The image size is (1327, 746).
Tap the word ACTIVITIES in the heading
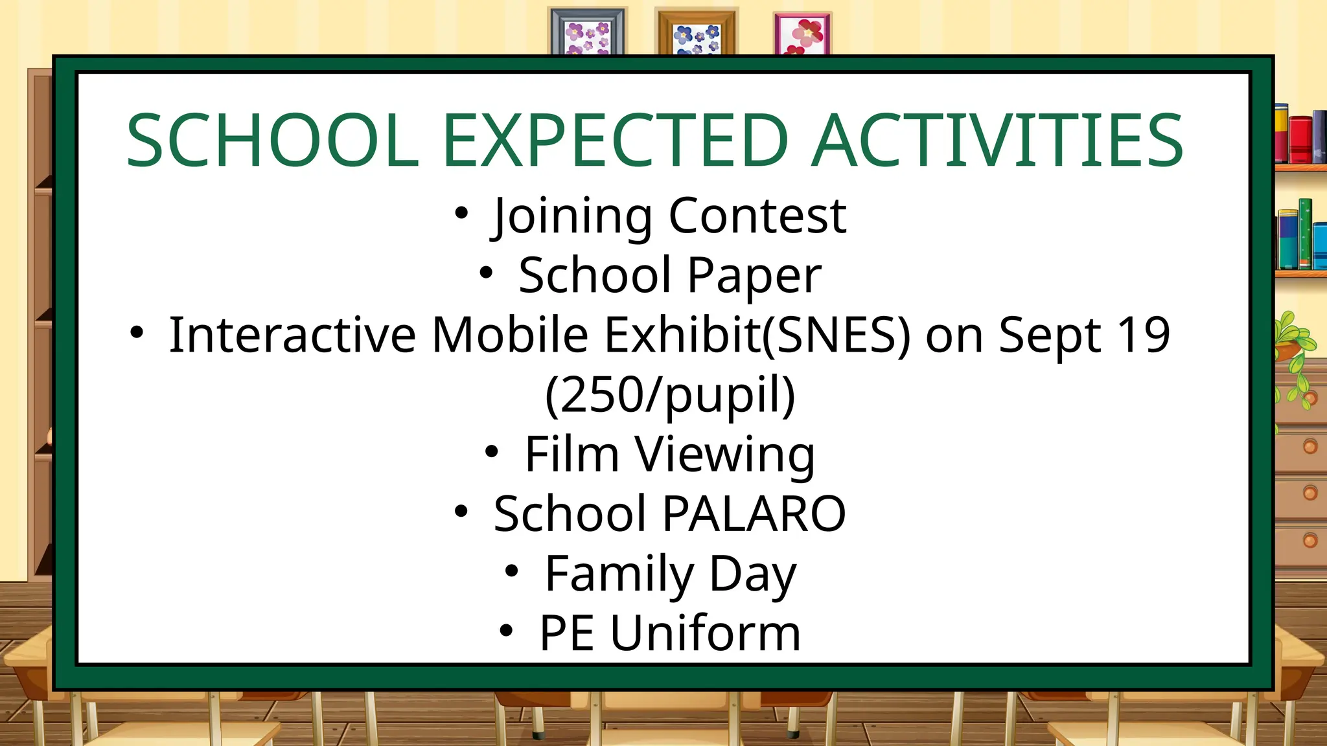pyautogui.click(x=998, y=141)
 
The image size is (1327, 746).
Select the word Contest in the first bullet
pyautogui.click(x=757, y=216)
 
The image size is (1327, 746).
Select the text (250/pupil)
pyautogui.click(x=670, y=395)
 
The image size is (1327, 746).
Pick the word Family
pyautogui.click(x=619, y=574)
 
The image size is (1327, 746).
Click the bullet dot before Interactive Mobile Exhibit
pyautogui.click(x=137, y=332)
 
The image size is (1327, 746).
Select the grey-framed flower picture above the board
pyautogui.click(x=587, y=32)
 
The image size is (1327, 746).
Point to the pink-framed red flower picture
pyautogui.click(x=802, y=34)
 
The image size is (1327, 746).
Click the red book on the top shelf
pyautogui.click(x=1299, y=139)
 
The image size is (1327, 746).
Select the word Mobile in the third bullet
pyautogui.click(x=509, y=335)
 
